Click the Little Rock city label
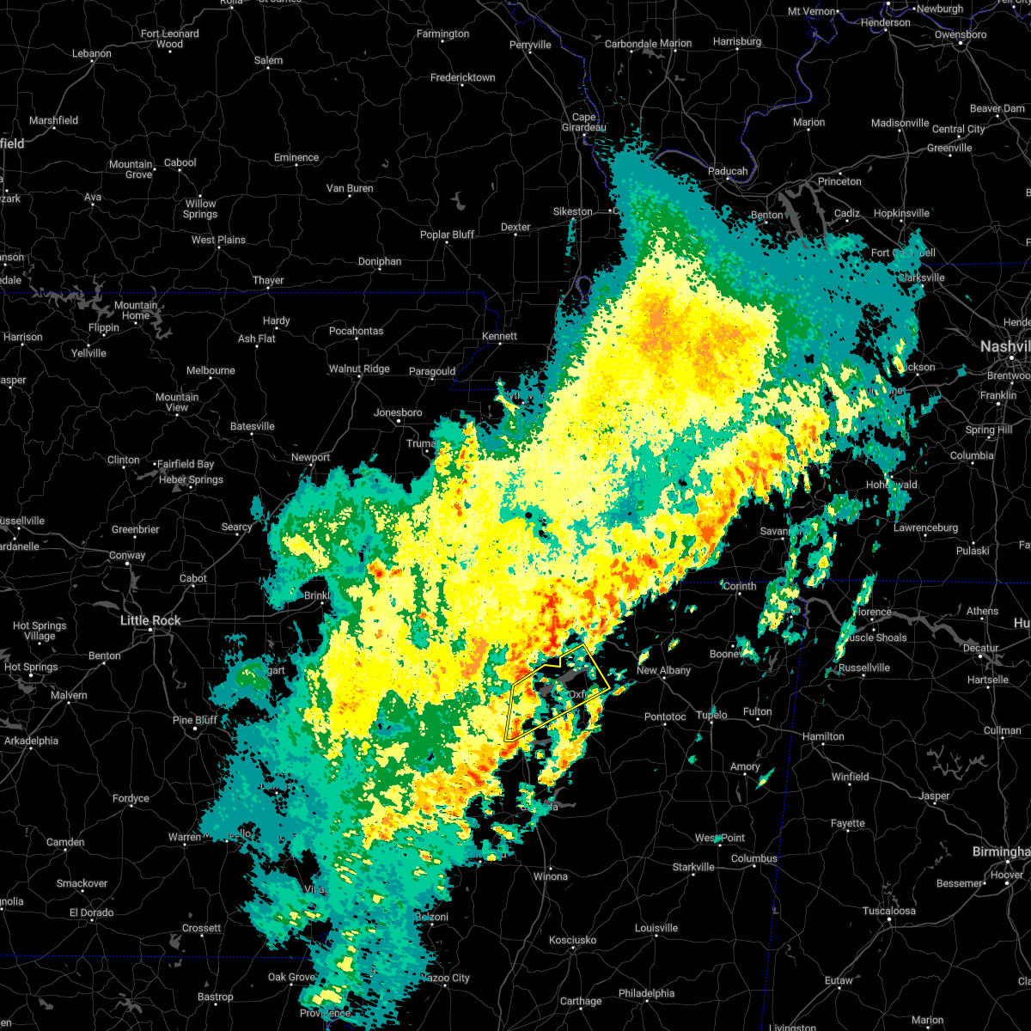pos(150,620)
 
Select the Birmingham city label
pos(1000,851)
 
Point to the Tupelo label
pos(711,715)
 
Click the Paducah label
pos(728,171)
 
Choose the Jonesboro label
pos(398,412)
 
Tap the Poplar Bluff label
pos(447,235)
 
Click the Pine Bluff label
pos(194,720)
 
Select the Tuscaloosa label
pos(889,911)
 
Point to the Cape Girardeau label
pos(583,122)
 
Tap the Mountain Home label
pos(136,310)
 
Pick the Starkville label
pos(692,867)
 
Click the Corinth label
pos(739,586)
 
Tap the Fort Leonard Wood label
pos(169,39)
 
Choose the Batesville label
pos(252,426)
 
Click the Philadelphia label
pos(646,993)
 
